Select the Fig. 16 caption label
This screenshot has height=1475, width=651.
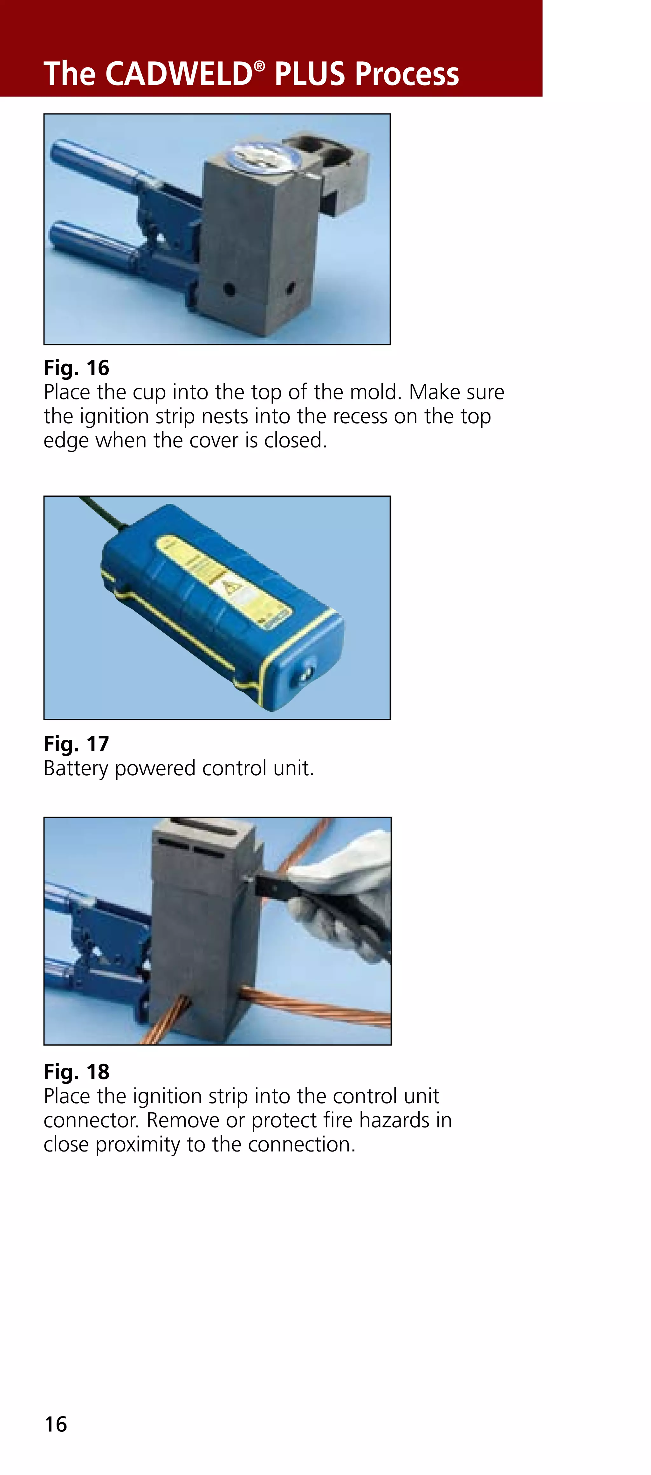pos(76,368)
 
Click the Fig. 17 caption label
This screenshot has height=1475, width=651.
pos(76,744)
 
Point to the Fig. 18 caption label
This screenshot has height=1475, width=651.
pos(76,1071)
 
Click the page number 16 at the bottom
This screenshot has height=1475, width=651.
pos(56,1424)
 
